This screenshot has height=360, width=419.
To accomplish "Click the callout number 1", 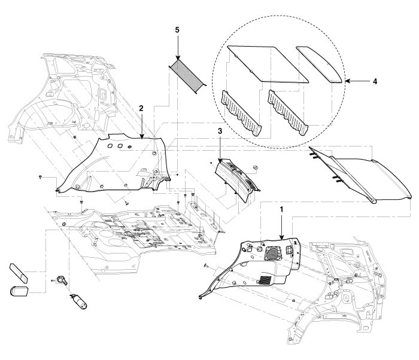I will point(281,210).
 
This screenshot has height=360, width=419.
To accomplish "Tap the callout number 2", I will point(141,108).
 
